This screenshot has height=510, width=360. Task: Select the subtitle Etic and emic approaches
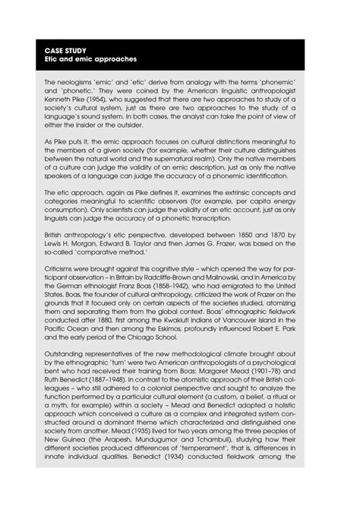tap(81, 58)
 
